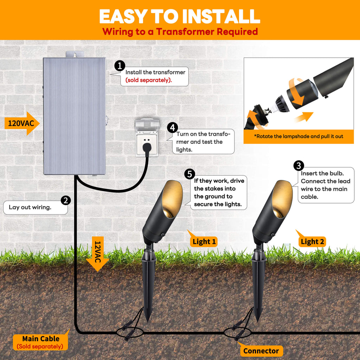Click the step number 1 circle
point(120,66)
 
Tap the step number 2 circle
point(66,200)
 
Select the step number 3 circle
point(298,166)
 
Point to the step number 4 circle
point(172,128)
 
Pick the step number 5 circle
point(189,174)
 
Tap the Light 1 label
point(204,242)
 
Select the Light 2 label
point(312,242)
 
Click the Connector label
point(261,351)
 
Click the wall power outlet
point(147,137)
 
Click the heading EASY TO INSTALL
point(179,16)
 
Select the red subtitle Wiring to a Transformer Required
point(180,32)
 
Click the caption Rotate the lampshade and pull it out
point(298,136)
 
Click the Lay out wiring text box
point(35,207)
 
